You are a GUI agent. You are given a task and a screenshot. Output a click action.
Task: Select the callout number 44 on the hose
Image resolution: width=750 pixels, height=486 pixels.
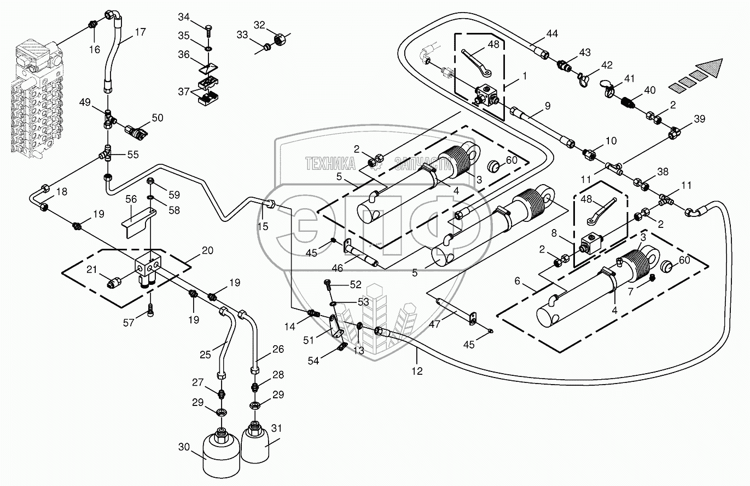click(552, 34)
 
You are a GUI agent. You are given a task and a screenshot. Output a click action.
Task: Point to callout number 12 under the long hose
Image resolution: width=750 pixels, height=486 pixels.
click(417, 371)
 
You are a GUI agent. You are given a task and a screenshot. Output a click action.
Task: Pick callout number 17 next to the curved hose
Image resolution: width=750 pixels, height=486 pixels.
click(140, 32)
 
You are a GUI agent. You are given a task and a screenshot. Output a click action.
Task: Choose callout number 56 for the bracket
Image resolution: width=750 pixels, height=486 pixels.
click(131, 199)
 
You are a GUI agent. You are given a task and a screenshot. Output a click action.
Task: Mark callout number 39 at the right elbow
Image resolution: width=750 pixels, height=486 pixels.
click(699, 119)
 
